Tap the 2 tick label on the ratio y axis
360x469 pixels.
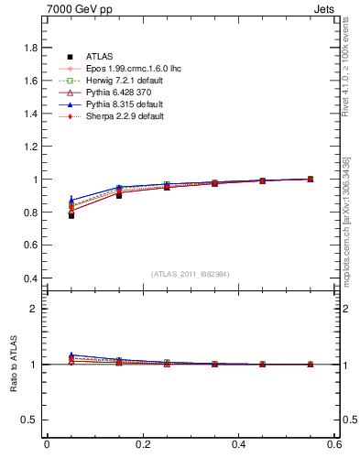[x=34, y=309]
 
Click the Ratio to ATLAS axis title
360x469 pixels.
[x=13, y=365]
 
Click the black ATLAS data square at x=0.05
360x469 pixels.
[x=71, y=215]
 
